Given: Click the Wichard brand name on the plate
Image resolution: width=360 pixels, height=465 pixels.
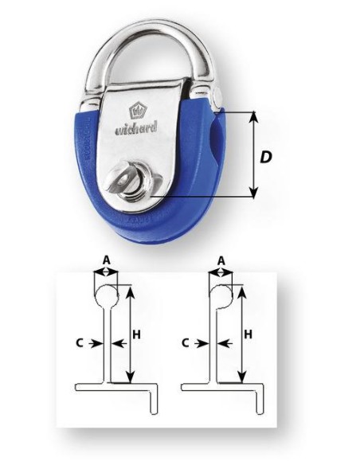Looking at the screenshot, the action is coord(136,129).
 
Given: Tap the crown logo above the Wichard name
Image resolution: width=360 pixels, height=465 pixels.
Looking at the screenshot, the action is coord(136,111).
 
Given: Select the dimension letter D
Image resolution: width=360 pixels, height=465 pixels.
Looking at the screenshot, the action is coord(266,157).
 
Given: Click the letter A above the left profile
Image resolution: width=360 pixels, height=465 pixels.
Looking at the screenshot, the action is coord(107,260).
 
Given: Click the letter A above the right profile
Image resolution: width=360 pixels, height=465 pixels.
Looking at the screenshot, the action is coord(221,260).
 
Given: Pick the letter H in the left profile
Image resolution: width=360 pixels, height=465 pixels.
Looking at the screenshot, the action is coord(136,334).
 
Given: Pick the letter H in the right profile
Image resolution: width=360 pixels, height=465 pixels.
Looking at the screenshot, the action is coord(248,334).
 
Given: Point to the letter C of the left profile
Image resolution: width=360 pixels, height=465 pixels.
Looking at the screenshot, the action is coord(80,343).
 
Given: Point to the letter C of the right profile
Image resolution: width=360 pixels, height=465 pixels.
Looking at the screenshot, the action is coord(186,343).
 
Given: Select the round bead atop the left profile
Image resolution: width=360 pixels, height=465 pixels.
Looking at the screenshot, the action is coord(107,296).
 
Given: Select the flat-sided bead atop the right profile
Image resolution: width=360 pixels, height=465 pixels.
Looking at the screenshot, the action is coord(221,296).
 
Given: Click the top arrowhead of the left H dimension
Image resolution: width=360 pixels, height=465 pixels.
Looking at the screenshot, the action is coord(131,292).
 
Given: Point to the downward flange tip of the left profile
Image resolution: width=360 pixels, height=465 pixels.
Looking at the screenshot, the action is coord(154,411).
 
